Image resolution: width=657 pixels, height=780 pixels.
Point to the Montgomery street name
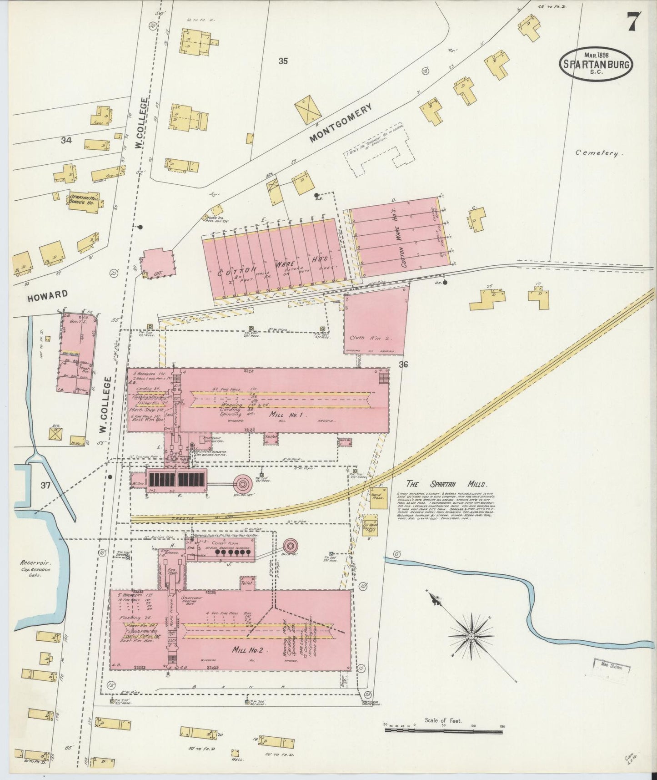(341, 122)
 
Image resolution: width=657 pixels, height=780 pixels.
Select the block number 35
(283, 61)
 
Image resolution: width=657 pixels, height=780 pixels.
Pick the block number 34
(66, 141)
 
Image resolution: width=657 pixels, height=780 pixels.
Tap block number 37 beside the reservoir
(45, 485)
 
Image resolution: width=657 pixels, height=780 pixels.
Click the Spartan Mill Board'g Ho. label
(84, 201)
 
